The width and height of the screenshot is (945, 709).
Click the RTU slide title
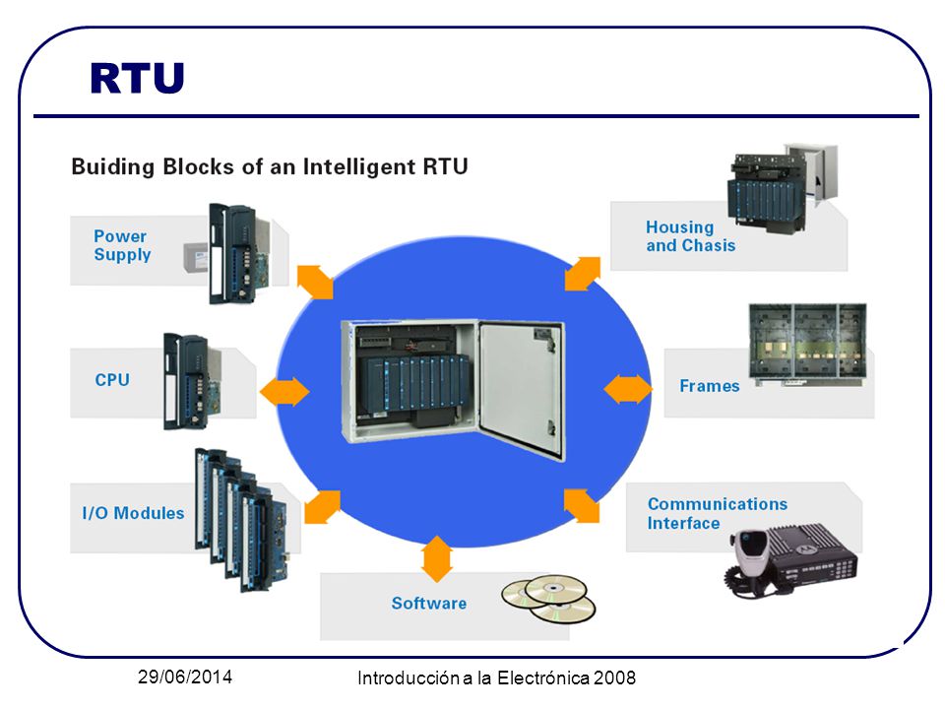tap(137, 79)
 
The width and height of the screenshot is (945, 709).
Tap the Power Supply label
tap(122, 245)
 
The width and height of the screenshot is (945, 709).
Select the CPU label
tap(112, 380)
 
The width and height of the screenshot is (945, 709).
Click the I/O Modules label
tap(133, 513)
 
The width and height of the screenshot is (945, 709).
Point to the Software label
tap(429, 603)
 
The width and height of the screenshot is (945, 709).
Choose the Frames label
tap(710, 386)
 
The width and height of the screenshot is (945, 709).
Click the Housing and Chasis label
tap(691, 236)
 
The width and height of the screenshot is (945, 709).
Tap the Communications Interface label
tap(718, 513)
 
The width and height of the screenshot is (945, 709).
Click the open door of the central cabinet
tap(522, 389)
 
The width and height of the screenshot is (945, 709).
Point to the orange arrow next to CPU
tap(284, 391)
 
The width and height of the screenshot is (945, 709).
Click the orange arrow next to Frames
tap(628, 389)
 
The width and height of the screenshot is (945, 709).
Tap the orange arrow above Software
tap(437, 558)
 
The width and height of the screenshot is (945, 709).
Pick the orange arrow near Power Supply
tap(315, 282)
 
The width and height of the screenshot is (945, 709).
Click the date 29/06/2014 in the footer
tap(185, 677)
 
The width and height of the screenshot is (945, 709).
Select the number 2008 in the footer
tap(614, 677)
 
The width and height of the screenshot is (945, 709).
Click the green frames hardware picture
tap(807, 344)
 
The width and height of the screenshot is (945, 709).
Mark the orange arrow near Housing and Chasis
tap(583, 274)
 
